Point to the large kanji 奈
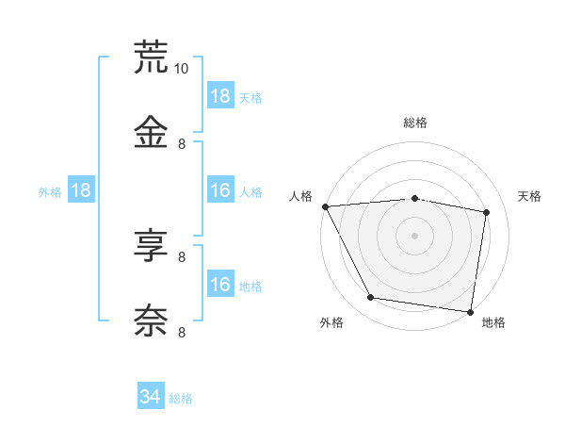(x=151, y=320)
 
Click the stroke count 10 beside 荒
(x=182, y=68)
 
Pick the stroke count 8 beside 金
(x=182, y=143)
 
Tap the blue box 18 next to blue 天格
(x=220, y=96)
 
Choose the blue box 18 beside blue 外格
(x=81, y=190)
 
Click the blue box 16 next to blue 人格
(x=220, y=190)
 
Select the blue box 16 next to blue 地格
(x=220, y=285)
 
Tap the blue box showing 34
(x=151, y=397)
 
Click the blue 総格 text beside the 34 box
(x=181, y=399)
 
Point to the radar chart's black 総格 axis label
(x=415, y=123)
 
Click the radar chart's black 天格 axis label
(x=529, y=196)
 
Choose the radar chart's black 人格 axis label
(x=301, y=196)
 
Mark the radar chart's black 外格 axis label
(x=331, y=322)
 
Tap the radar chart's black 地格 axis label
(x=493, y=322)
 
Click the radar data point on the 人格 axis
(x=325, y=206)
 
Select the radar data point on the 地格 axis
(x=470, y=311)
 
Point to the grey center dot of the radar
(x=415, y=236)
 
